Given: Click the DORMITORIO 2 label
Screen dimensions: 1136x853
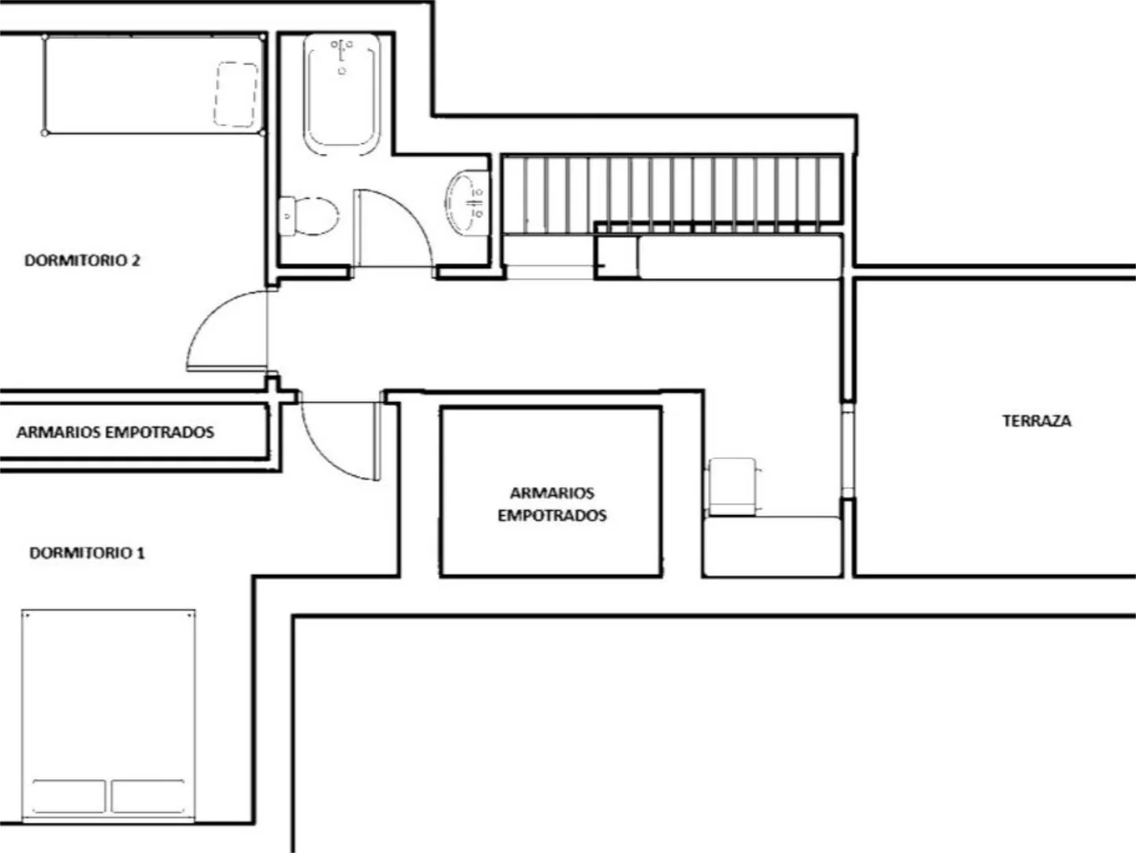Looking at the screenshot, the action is [82, 260].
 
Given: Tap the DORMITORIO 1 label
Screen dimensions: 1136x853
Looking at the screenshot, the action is [87, 553].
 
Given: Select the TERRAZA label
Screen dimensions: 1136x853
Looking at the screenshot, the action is [1037, 421].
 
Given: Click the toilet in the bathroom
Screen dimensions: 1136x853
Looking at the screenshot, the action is [309, 216].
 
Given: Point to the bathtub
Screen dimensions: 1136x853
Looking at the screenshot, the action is [342, 94].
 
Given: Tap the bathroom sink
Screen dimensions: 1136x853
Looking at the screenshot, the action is [467, 202].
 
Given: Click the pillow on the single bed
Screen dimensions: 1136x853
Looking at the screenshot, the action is [237, 94].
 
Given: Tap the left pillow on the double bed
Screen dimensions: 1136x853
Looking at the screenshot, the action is [69, 796].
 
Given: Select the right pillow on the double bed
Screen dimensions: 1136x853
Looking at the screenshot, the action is [148, 796].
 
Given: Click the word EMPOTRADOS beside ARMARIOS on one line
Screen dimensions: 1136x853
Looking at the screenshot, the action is [160, 432].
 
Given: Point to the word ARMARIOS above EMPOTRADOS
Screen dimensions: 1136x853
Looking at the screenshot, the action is [552, 493].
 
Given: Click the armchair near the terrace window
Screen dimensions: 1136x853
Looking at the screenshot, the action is [733, 487].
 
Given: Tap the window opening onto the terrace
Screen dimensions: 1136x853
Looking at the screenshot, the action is [847, 450].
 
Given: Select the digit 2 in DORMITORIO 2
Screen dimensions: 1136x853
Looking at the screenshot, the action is [136, 260].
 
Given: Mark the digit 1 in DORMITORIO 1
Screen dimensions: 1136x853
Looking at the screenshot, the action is [141, 553].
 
